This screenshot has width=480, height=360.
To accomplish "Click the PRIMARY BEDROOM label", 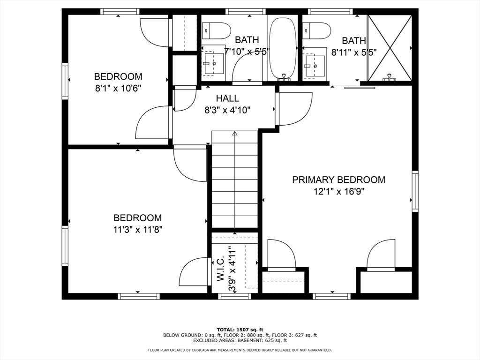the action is pos(338,180).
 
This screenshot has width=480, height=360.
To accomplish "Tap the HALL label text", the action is pos(227,98).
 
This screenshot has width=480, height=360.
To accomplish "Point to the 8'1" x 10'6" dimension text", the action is pos(118,89).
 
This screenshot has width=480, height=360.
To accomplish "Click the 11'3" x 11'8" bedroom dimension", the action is pos(138,230).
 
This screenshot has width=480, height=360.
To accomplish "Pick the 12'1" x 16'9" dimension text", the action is pos(338,192).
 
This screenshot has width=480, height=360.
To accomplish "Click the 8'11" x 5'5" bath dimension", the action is pos(354,52).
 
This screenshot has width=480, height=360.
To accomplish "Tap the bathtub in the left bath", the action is pos(283,48).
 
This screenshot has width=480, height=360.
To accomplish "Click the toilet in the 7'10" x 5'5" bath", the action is pos(216,30).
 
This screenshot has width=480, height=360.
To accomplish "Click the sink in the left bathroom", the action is pos(214,64).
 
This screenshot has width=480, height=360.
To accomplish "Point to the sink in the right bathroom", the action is pos(315,66).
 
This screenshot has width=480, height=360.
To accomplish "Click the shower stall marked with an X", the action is pos(390,48).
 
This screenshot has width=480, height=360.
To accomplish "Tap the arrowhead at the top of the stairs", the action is pos(235,134).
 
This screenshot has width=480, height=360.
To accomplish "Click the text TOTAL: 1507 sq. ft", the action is pos(240,330).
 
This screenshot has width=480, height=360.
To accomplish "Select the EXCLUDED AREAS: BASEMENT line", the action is pos(240,340).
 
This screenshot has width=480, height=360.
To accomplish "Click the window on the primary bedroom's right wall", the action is pos(415,191).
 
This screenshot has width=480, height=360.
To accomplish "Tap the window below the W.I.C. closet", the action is pos(234,296).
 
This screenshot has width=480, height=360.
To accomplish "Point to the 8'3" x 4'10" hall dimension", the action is pos(227,110).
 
